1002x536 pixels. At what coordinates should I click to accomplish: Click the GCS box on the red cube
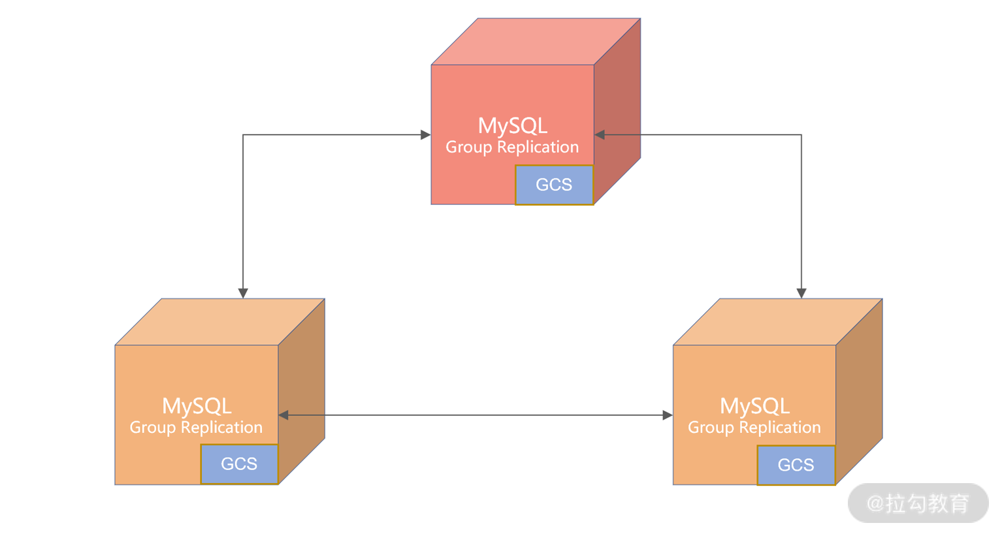[x=554, y=185]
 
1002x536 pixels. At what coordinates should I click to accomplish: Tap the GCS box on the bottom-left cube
[x=239, y=464]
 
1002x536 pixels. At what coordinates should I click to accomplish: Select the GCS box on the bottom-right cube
[x=796, y=465]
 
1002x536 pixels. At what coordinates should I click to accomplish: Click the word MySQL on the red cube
[x=513, y=125]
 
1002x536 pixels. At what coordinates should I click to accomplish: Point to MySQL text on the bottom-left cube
[x=197, y=406]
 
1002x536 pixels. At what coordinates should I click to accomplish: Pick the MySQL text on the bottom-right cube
[x=754, y=406]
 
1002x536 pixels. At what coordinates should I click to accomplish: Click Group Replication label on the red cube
[x=512, y=148]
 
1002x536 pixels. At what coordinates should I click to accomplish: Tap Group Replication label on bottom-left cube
[x=196, y=428]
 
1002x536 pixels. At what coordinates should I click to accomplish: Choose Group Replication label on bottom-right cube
[x=754, y=428]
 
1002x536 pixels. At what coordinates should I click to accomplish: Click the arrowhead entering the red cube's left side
[x=426, y=135]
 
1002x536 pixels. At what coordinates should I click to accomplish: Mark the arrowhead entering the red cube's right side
[x=600, y=135]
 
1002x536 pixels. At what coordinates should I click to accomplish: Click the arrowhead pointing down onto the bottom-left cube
[x=243, y=293]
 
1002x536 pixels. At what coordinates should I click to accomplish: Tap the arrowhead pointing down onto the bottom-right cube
[x=801, y=293]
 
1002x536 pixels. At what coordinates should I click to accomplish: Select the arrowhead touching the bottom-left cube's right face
[x=283, y=415]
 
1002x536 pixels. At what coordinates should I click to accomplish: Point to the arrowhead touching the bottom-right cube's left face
[x=668, y=415]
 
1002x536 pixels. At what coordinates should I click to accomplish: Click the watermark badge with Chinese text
[x=918, y=503]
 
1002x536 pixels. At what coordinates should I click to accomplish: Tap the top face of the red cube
[x=536, y=42]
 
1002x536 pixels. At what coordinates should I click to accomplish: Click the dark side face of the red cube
[x=617, y=111]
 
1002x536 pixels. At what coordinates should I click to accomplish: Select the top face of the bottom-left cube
[x=219, y=322]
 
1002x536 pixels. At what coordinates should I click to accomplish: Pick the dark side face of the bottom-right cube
[x=859, y=392]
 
